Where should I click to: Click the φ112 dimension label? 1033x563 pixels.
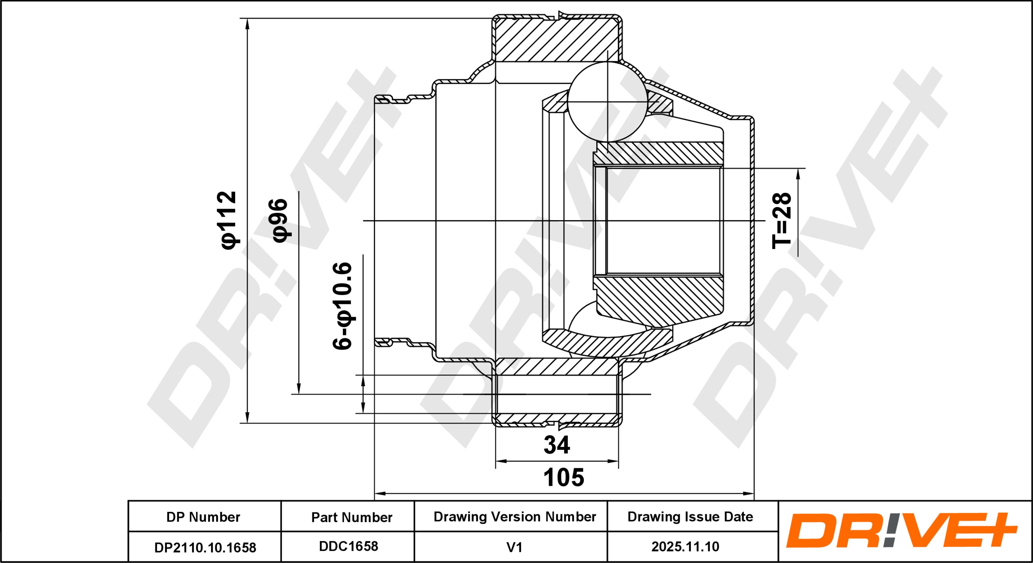tap(229, 220)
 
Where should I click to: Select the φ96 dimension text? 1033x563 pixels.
tap(280, 220)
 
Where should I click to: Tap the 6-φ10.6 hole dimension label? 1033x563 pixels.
tap(343, 306)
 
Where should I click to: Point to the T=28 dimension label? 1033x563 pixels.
tap(781, 221)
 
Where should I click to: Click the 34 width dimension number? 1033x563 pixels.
tap(557, 445)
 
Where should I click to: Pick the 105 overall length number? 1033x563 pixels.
tap(564, 477)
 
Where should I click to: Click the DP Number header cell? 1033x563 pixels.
tap(203, 517)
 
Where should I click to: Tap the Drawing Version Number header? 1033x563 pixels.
tap(514, 517)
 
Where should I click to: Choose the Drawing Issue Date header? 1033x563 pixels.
tap(690, 517)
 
